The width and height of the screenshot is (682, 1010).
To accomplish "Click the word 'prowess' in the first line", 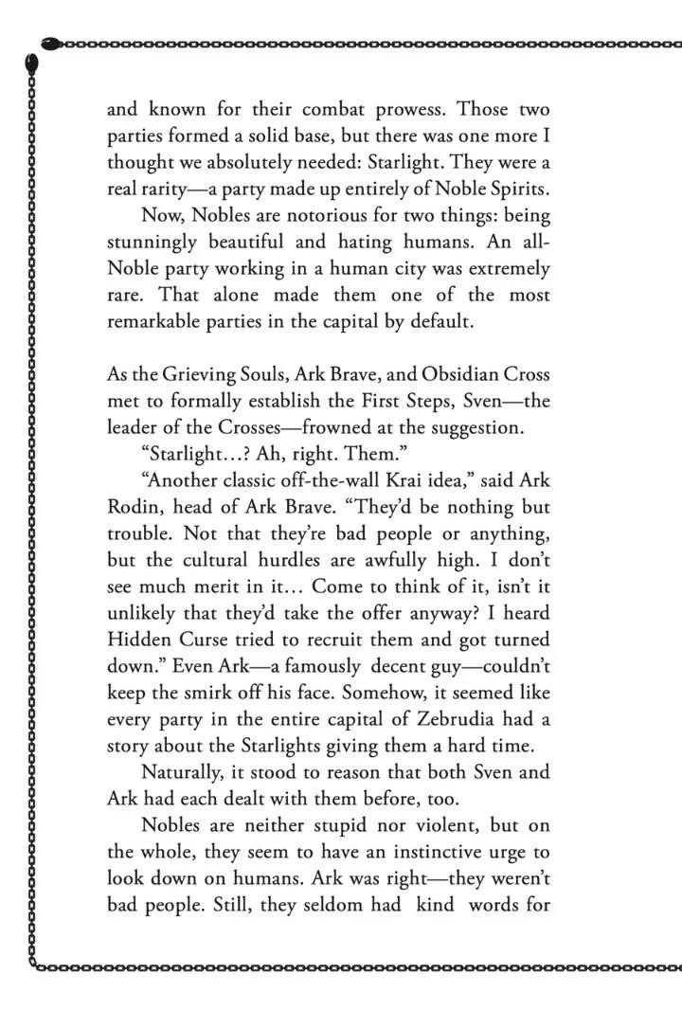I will point(388,110).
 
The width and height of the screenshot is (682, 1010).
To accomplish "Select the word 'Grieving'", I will point(200,374).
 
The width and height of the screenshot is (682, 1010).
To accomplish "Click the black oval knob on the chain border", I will point(31,62).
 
